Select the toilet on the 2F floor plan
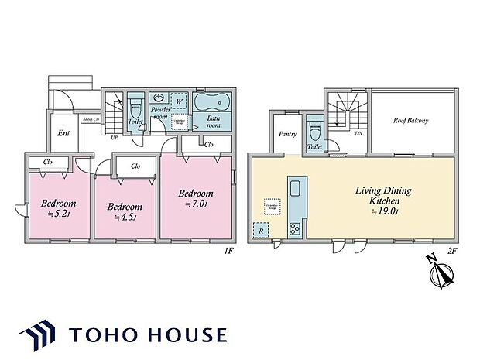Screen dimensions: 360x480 click(x=314, y=129)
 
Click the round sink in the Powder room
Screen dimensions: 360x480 click(x=159, y=98)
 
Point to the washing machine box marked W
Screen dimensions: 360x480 click(x=179, y=101)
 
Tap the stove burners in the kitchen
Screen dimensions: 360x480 click(x=295, y=228)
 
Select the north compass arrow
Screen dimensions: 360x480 click(x=443, y=273)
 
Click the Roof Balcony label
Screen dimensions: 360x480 click(x=410, y=121)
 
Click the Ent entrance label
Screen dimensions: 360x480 click(x=64, y=133)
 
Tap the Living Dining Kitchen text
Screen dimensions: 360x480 click(x=377, y=194)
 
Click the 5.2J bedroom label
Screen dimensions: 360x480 click(x=57, y=208)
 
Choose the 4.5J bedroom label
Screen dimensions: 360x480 click(x=125, y=211)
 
